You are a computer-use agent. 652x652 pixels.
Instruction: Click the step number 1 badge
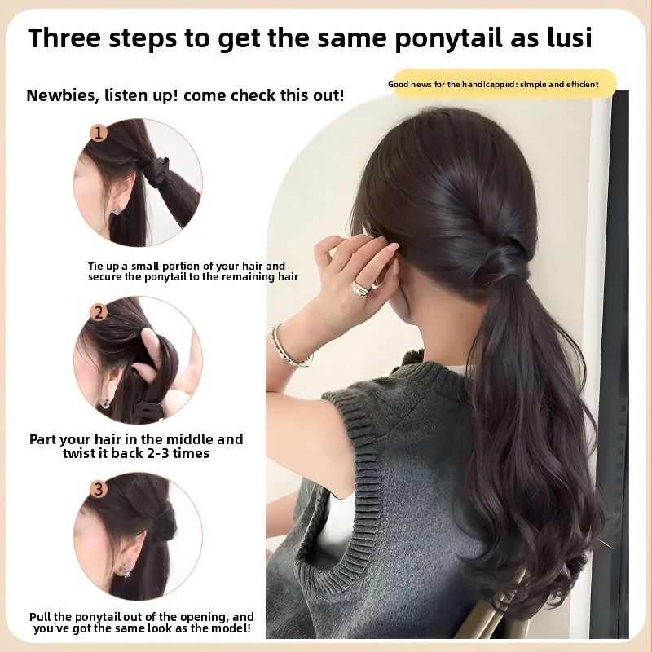click(x=99, y=133)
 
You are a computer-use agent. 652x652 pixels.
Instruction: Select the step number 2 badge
click(x=99, y=312)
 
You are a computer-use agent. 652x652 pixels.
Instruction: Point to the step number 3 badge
click(x=99, y=489)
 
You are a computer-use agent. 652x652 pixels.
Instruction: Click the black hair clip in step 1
click(x=156, y=172)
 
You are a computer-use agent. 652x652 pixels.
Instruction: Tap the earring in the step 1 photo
click(x=116, y=212)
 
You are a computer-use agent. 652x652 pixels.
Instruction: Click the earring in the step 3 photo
click(x=126, y=570)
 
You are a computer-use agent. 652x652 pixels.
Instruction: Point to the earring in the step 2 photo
click(x=106, y=403)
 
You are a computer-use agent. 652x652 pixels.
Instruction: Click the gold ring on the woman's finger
click(x=360, y=289)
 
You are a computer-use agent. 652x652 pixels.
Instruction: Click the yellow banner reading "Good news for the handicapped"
click(x=504, y=84)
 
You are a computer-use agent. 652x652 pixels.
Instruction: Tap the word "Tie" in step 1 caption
click(x=95, y=267)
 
